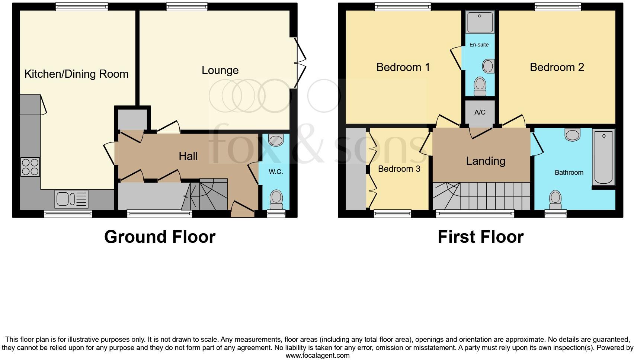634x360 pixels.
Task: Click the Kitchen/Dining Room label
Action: tap(76, 74)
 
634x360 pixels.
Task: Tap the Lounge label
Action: tap(220, 70)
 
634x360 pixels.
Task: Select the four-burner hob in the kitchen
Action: tap(30, 167)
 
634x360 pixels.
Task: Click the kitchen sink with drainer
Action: tap(72, 199)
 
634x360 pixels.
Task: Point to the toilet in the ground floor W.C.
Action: tap(276, 199)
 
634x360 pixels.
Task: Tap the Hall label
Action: tap(188, 156)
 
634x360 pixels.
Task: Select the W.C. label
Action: tap(276, 172)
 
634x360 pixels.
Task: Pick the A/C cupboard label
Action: tap(480, 112)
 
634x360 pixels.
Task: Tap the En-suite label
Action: tap(479, 45)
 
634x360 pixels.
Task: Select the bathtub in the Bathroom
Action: tap(603, 157)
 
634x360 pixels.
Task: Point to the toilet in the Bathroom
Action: tap(555, 200)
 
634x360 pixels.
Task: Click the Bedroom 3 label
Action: tap(399, 169)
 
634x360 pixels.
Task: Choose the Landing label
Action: tap(486, 161)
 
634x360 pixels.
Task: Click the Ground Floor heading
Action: tap(160, 237)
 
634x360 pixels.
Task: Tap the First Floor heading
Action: tap(480, 237)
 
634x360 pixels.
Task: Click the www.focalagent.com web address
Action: tap(317, 356)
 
